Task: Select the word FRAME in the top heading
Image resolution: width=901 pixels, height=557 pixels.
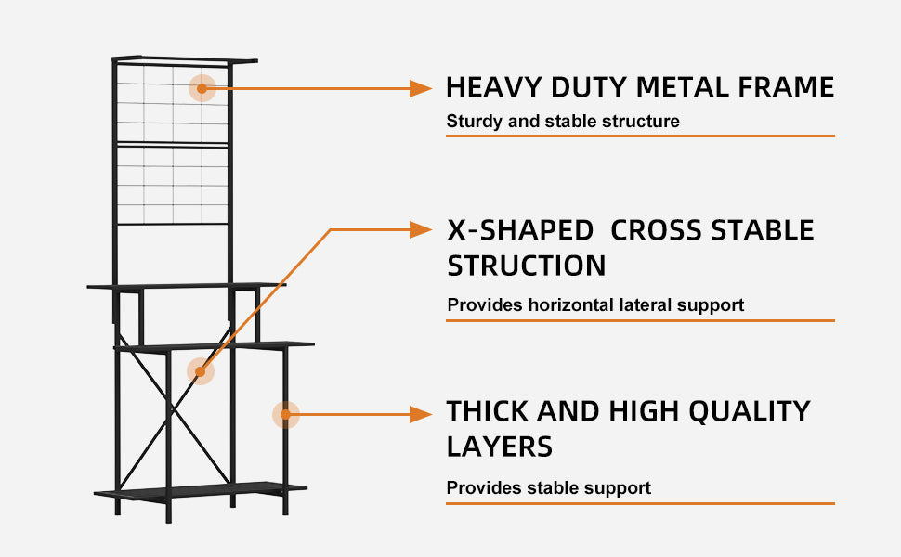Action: click(x=786, y=87)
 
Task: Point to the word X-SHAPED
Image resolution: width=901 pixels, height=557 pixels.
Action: click(x=520, y=230)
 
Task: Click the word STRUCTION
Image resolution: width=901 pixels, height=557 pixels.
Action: click(x=527, y=266)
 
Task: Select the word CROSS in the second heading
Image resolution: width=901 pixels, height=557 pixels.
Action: click(x=656, y=230)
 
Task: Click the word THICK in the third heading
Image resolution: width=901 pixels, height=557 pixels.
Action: click(x=488, y=412)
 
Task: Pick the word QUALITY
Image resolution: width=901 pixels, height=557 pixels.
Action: click(x=750, y=412)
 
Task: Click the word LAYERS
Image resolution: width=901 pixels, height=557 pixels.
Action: click(x=500, y=447)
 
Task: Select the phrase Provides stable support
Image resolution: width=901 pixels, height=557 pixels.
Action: click(x=548, y=488)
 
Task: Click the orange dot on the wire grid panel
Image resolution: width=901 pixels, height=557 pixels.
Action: click(x=202, y=88)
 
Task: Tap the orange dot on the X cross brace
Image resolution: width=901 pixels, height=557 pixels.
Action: click(x=200, y=372)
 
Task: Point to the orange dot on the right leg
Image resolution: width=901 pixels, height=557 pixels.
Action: click(x=285, y=415)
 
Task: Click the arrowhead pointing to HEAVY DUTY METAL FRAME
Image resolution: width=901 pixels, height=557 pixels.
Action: click(x=420, y=88)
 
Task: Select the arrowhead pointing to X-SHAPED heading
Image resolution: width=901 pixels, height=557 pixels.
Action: click(x=420, y=229)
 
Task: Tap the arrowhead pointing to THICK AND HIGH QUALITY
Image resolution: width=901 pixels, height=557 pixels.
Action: click(x=420, y=415)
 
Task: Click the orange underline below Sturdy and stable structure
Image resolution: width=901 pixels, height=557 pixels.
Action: click(x=640, y=136)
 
